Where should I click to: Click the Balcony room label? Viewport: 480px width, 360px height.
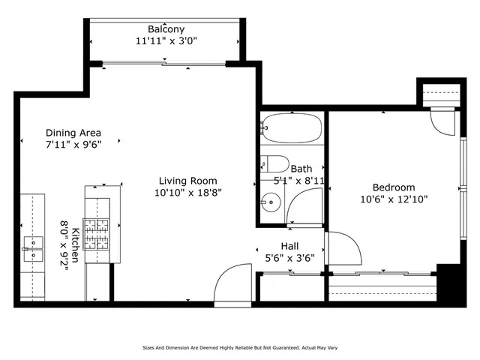click(166, 29)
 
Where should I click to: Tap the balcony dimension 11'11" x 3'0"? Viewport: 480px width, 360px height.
click(166, 41)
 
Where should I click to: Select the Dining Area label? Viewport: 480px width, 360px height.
click(73, 132)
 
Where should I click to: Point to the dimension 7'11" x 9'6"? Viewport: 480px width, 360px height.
click(73, 144)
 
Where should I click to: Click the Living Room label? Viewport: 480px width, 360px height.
click(187, 181)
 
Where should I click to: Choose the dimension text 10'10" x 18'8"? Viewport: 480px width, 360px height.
click(187, 193)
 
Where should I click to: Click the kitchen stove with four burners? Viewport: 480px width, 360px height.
click(96, 232)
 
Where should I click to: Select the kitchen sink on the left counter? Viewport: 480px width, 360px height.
click(34, 247)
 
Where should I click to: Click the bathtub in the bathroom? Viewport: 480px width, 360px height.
click(292, 128)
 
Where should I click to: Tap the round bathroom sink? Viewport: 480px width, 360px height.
click(271, 201)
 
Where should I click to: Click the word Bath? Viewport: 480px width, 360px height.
click(301, 169)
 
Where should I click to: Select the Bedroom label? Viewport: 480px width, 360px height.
click(394, 187)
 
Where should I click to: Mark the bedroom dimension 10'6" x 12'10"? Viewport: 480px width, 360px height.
click(394, 199)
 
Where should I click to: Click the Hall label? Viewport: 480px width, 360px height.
click(290, 246)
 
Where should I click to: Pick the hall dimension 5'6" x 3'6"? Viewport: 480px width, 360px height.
click(290, 258)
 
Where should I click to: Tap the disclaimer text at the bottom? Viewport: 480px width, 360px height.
click(240, 348)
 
